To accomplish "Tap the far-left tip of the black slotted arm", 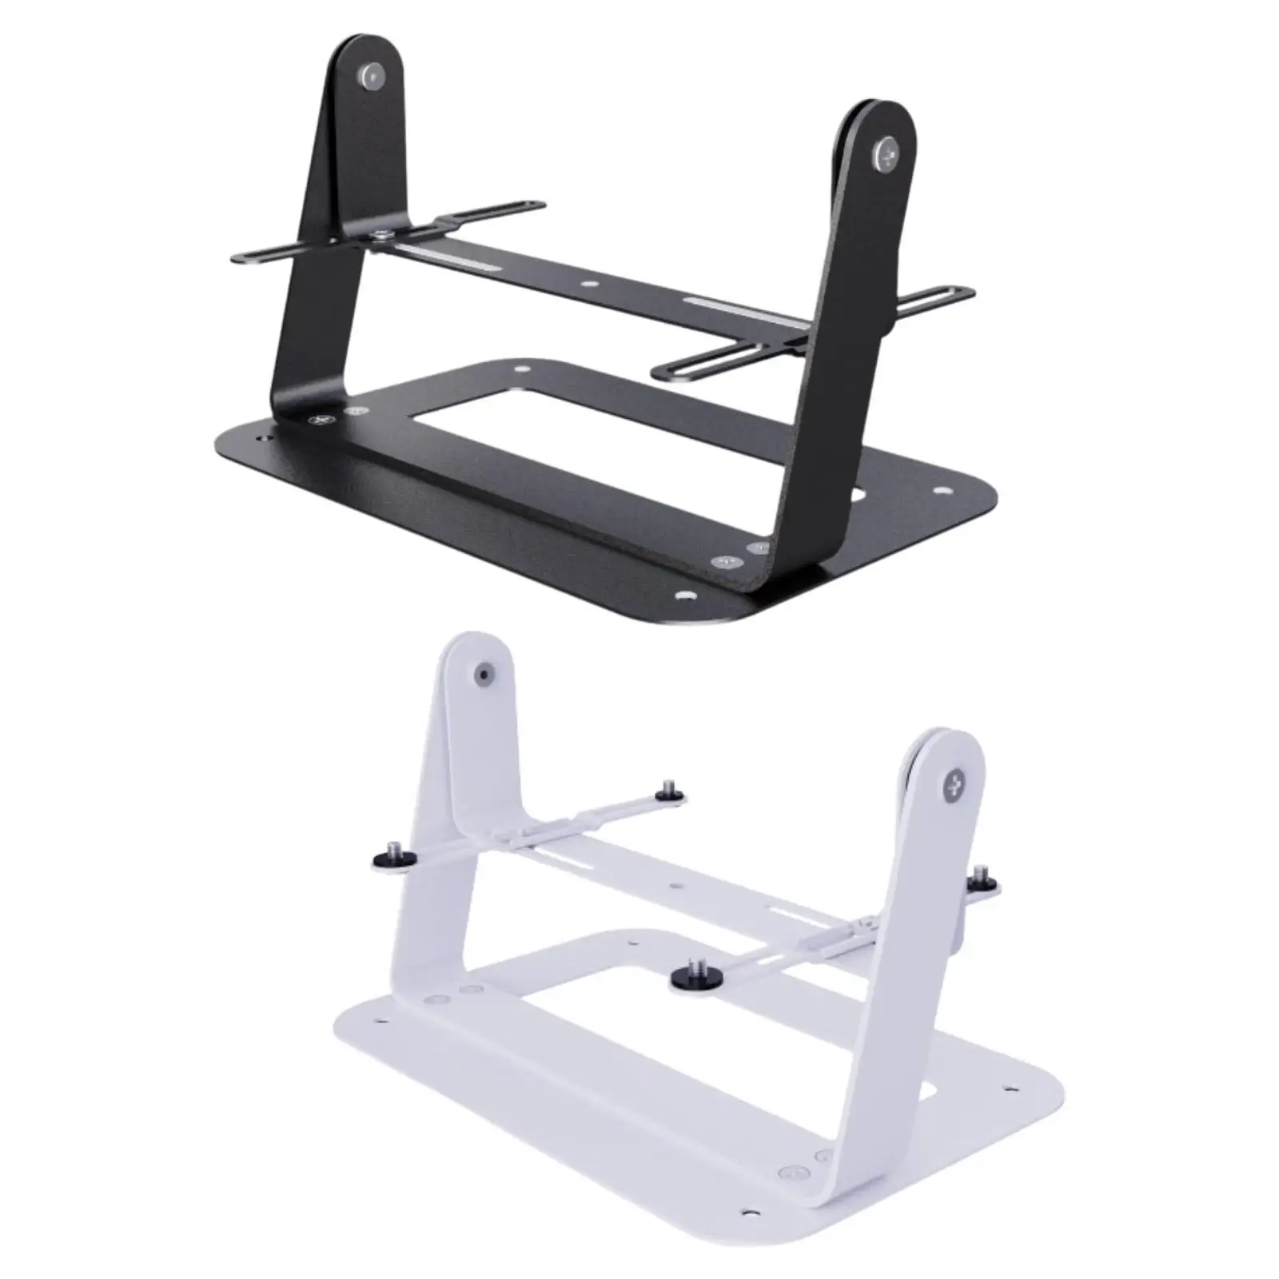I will (237, 257).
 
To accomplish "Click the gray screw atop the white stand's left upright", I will (483, 675).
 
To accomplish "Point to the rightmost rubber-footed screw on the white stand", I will (980, 880).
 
